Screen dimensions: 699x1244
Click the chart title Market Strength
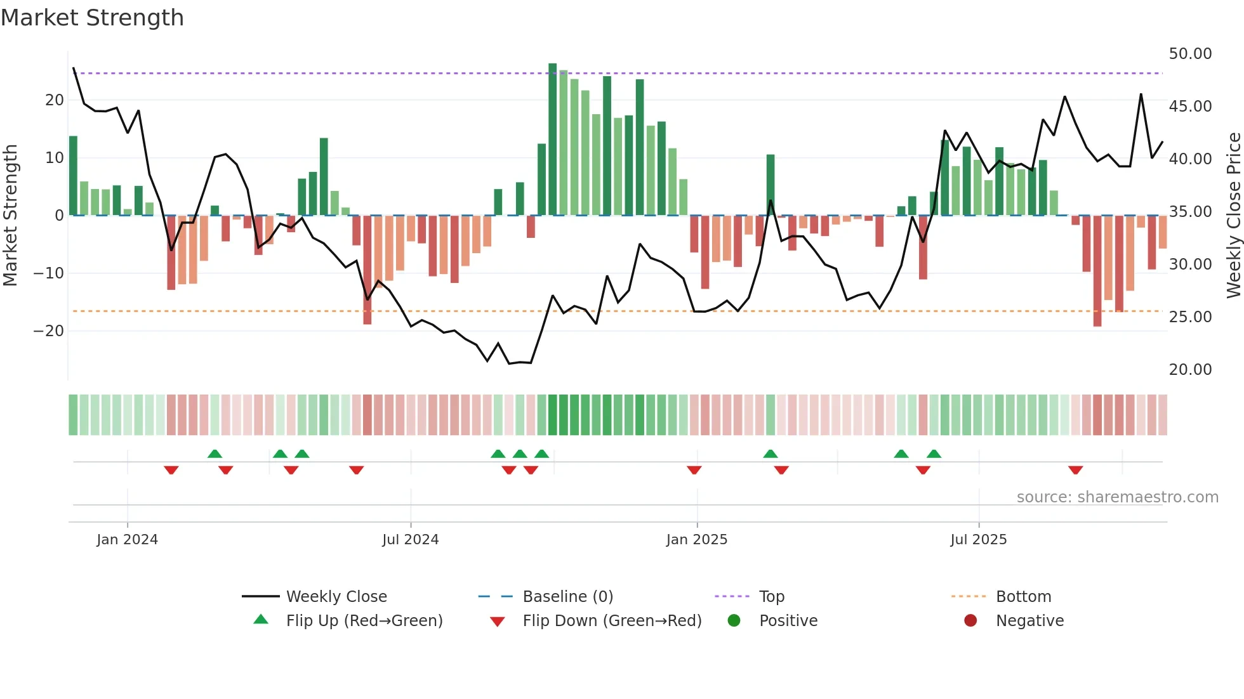coord(92,18)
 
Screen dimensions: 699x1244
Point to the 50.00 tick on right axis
coord(1190,54)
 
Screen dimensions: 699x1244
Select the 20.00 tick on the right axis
coord(1190,370)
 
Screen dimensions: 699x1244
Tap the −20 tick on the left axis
coord(48,331)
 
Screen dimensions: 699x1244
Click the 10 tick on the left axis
coord(54,158)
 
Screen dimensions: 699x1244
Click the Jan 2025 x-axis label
coord(696,540)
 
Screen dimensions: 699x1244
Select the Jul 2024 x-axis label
coord(410,540)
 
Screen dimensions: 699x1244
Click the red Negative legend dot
coord(970,621)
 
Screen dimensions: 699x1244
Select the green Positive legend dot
coord(734,621)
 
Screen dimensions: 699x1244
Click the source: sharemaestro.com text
coord(1117,497)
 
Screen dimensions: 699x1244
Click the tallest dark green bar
coord(553,140)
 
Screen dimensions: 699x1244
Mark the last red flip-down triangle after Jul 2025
coord(1075,470)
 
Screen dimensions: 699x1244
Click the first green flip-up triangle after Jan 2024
coord(215,454)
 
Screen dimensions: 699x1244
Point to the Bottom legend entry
coord(1023,597)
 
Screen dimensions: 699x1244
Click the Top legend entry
coord(771,597)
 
